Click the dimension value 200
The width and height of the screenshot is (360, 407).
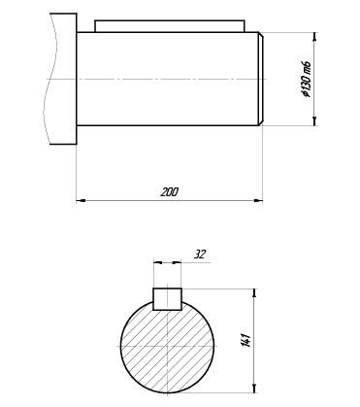coord(170,192)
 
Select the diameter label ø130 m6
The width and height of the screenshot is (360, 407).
coord(306,79)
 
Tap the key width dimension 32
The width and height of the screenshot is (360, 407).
coord(200,254)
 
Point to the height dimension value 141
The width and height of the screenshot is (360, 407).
coord(246,340)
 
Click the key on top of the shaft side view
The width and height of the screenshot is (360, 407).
coord(170,26)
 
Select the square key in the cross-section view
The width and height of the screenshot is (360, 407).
coord(167,299)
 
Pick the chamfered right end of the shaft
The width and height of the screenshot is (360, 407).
coord(261,79)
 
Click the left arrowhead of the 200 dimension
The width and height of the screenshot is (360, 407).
coord(81,201)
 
